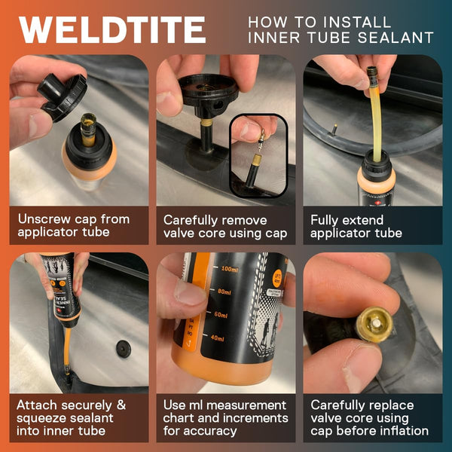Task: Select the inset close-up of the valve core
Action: click(x=257, y=155)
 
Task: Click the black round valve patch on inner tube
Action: click(x=123, y=349)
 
